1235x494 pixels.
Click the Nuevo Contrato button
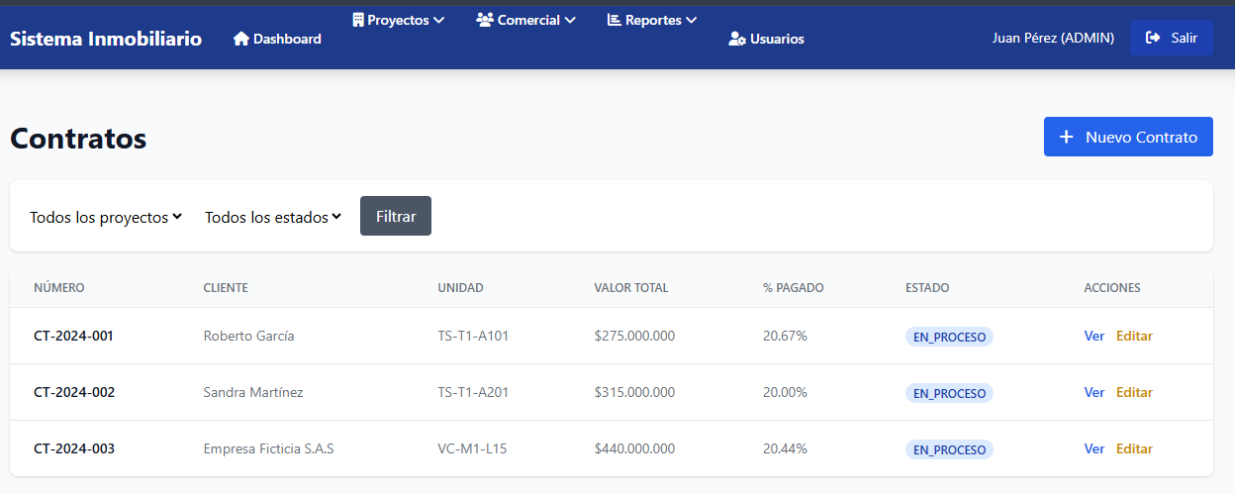tap(1128, 137)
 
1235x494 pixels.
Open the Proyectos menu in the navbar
tap(398, 21)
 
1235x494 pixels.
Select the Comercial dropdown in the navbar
tap(525, 21)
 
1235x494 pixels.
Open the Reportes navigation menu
tap(652, 21)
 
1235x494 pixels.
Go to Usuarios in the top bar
tap(766, 39)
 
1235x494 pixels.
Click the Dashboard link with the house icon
tap(277, 39)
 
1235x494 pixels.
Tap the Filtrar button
tap(396, 216)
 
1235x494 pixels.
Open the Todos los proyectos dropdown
tap(106, 217)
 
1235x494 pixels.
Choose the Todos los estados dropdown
tap(273, 217)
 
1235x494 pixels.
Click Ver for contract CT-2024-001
tap(1093, 336)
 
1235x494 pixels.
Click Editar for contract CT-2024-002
tap(1134, 392)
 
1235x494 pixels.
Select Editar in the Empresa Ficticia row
tap(1134, 448)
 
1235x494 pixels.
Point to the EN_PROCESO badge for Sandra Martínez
tap(949, 393)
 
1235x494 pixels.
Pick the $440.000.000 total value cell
tap(634, 448)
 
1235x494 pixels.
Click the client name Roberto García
tap(248, 336)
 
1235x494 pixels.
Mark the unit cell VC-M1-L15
tap(472, 448)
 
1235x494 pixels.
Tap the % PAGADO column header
tap(793, 288)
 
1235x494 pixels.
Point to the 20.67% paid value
tap(785, 336)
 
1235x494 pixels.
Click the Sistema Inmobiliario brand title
tap(106, 39)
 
